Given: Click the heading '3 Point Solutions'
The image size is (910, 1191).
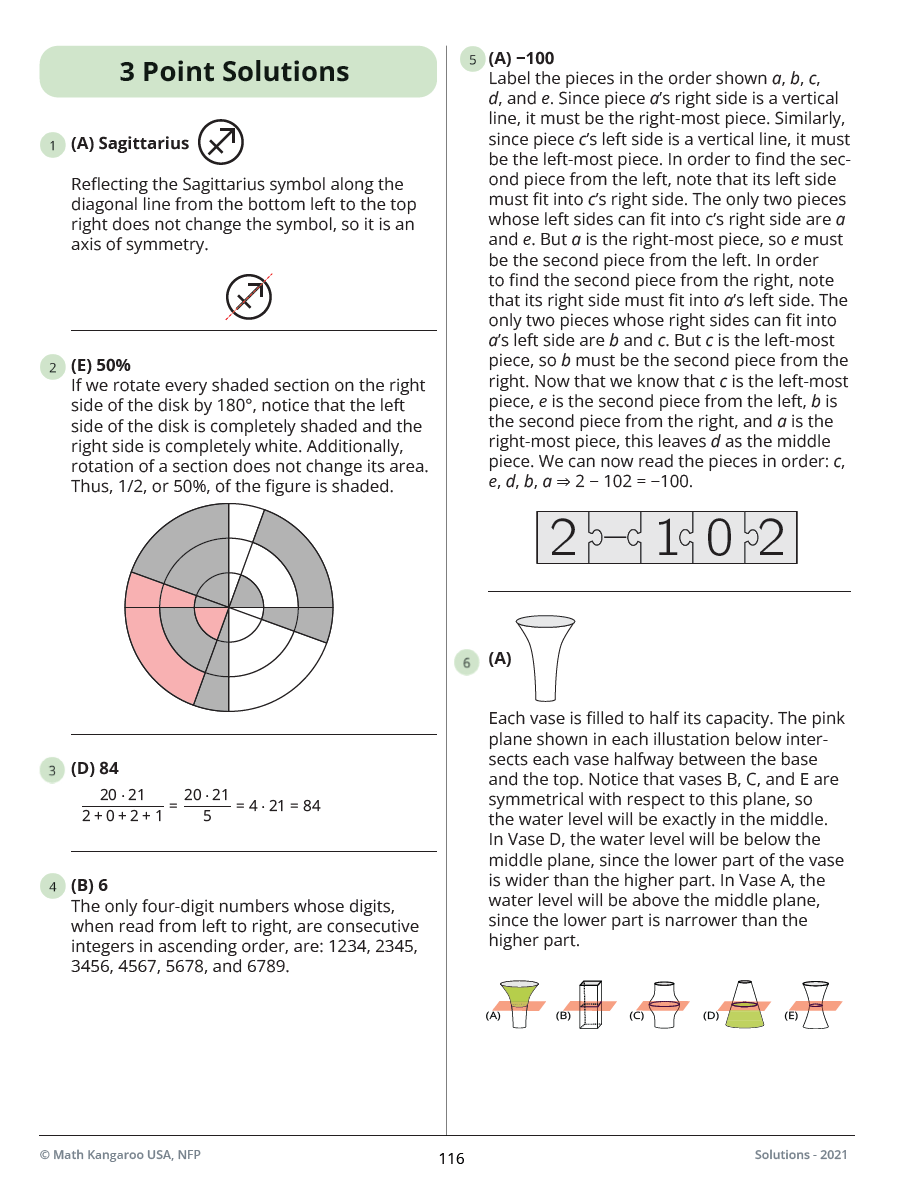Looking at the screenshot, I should click(235, 72).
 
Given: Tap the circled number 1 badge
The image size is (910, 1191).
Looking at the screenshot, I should click(51, 146).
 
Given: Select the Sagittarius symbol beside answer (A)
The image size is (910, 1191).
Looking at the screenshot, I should click(221, 142).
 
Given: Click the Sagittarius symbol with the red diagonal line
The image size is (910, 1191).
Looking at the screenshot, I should click(248, 296).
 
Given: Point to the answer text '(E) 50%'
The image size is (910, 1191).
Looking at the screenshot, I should click(100, 365).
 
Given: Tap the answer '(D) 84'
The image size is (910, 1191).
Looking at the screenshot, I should click(95, 769).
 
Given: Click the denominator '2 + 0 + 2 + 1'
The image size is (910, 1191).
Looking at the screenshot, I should click(123, 815).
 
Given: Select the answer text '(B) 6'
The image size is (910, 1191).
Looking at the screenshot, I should click(89, 886).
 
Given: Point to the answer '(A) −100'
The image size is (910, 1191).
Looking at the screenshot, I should click(521, 58).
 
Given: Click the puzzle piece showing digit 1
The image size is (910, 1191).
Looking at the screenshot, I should click(664, 538).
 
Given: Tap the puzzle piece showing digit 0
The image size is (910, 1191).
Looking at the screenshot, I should click(718, 538).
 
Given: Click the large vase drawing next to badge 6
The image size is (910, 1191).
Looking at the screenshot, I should click(545, 658).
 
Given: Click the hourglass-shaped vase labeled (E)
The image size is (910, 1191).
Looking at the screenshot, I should click(816, 1003).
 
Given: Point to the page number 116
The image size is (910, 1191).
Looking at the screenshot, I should click(451, 1159).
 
